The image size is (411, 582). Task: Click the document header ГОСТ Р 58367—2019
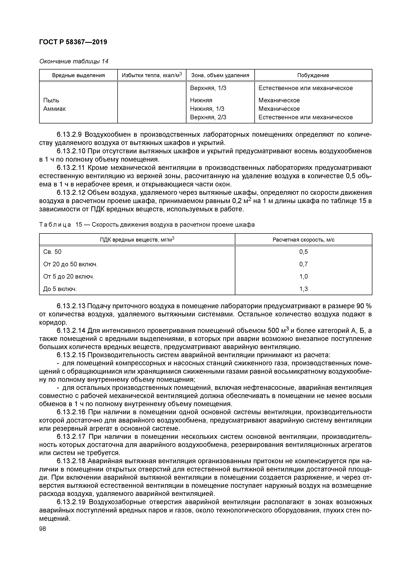[x=73, y=42]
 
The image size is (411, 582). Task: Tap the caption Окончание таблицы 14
[x=74, y=61]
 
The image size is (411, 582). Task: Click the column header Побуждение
[x=313, y=75]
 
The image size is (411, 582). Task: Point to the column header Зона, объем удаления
[x=220, y=75]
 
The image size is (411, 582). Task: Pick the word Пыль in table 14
[x=51, y=100]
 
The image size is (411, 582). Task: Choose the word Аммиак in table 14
[x=55, y=109]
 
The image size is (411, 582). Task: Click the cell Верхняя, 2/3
[x=208, y=117]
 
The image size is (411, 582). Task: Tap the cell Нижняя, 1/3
[x=207, y=109]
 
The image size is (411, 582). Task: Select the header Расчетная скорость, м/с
[x=303, y=240]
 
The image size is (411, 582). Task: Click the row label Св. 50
[x=52, y=252]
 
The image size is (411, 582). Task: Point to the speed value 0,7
[x=303, y=264]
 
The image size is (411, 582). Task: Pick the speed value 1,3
[x=303, y=289]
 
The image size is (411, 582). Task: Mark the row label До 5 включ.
[x=60, y=289]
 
